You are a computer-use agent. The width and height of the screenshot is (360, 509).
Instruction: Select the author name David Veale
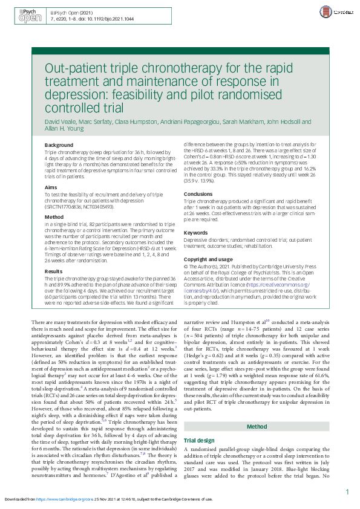click(62, 122)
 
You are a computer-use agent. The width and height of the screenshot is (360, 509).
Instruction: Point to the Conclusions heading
click(198, 194)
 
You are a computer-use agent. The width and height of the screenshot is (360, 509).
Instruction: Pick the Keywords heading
click(195, 232)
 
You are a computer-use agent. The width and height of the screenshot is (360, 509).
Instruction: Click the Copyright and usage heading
click(208, 259)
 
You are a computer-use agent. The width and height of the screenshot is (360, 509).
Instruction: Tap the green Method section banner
click(257, 342)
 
